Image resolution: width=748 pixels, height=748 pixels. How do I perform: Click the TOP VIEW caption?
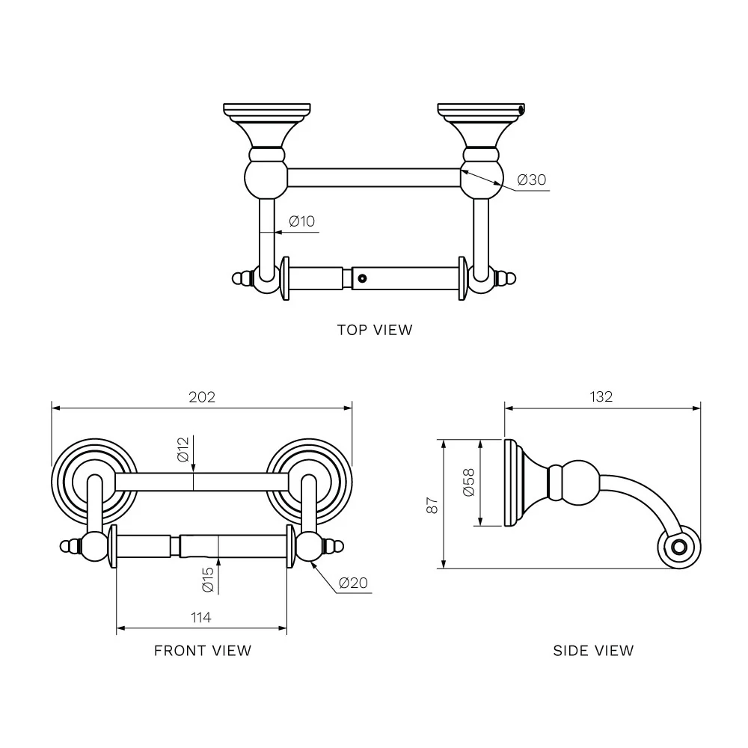pos(375,330)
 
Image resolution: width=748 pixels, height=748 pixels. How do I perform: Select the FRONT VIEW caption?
pos(203,651)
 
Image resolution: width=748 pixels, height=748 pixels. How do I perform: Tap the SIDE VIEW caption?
pos(593,651)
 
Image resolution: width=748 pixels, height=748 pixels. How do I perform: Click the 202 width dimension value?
pos(202,397)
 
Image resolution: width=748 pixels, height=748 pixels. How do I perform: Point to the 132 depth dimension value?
pos(601,396)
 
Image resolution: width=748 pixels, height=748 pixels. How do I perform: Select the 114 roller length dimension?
pos(200,617)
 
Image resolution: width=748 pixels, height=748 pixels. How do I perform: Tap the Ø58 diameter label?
pos(469,482)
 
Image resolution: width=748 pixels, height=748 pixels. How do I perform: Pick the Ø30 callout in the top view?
pos(531,180)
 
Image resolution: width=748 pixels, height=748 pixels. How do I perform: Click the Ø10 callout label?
pos(302,221)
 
